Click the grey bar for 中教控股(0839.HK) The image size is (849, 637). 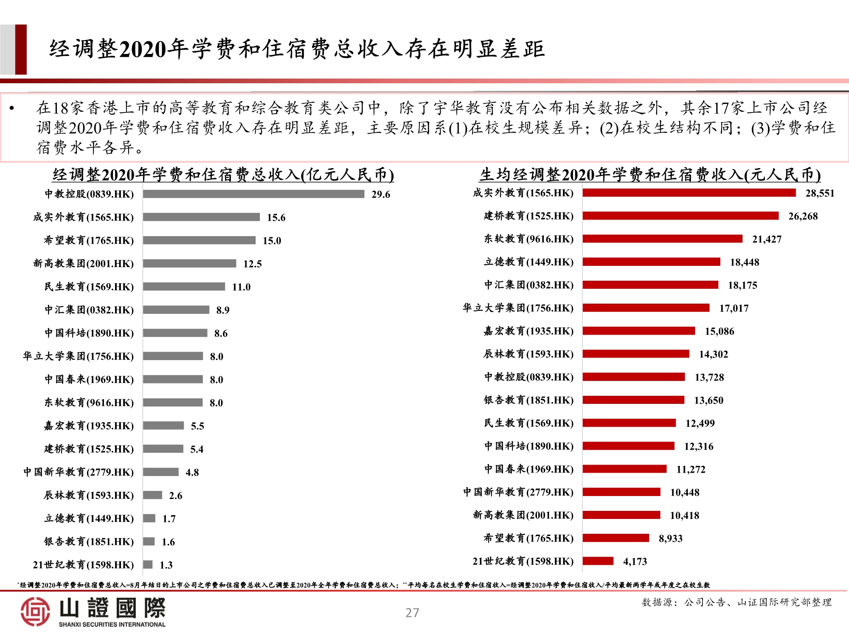click(253, 194)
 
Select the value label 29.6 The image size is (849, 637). click(380, 194)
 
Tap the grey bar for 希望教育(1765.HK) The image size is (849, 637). click(199, 240)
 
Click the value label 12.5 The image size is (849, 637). click(252, 264)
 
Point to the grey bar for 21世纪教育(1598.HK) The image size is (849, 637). click(148, 564)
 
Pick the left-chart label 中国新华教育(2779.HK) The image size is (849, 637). click(79, 472)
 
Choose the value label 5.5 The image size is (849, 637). click(197, 426)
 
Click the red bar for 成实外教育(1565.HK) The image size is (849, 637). click(689, 193)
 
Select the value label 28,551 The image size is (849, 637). click(820, 193)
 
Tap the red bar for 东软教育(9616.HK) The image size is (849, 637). click(662, 239)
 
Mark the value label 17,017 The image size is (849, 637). click(734, 308)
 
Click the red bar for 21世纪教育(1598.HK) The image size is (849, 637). click(598, 561)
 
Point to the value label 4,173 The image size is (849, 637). click(635, 561)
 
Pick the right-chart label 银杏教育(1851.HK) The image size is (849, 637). click(529, 400)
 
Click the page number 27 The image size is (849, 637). click(412, 613)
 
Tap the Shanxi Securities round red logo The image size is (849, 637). click(35, 612)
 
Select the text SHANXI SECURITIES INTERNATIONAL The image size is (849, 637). click(112, 624)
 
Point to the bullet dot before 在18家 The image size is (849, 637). click(12, 108)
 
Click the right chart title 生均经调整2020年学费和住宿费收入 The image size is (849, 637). click(650, 175)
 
